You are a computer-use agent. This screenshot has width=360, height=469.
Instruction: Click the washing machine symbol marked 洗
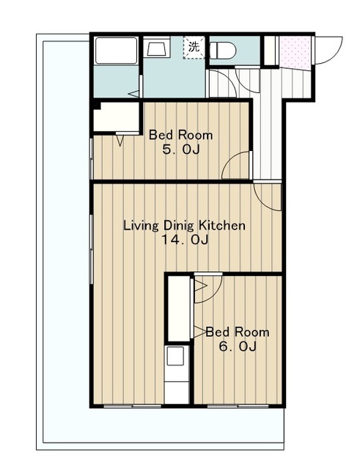(194, 47)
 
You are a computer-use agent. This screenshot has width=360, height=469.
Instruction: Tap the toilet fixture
(223, 51)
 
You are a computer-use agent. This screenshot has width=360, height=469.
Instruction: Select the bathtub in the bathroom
(116, 51)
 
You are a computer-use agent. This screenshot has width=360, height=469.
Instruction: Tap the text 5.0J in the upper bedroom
(181, 149)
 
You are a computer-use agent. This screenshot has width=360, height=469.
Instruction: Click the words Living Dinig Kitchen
(184, 226)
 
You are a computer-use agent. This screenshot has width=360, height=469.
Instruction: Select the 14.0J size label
(185, 240)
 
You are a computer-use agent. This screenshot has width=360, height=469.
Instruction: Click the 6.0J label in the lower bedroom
(238, 347)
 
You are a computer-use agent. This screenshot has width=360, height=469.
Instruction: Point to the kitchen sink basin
(175, 356)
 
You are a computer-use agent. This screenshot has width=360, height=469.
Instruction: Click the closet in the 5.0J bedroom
(117, 117)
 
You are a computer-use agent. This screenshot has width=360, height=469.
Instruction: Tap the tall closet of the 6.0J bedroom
(179, 309)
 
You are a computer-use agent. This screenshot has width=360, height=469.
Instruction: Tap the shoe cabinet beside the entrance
(271, 51)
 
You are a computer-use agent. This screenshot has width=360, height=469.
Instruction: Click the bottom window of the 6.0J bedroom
(238, 406)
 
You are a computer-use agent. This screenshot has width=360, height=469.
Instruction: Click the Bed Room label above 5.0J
(181, 135)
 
